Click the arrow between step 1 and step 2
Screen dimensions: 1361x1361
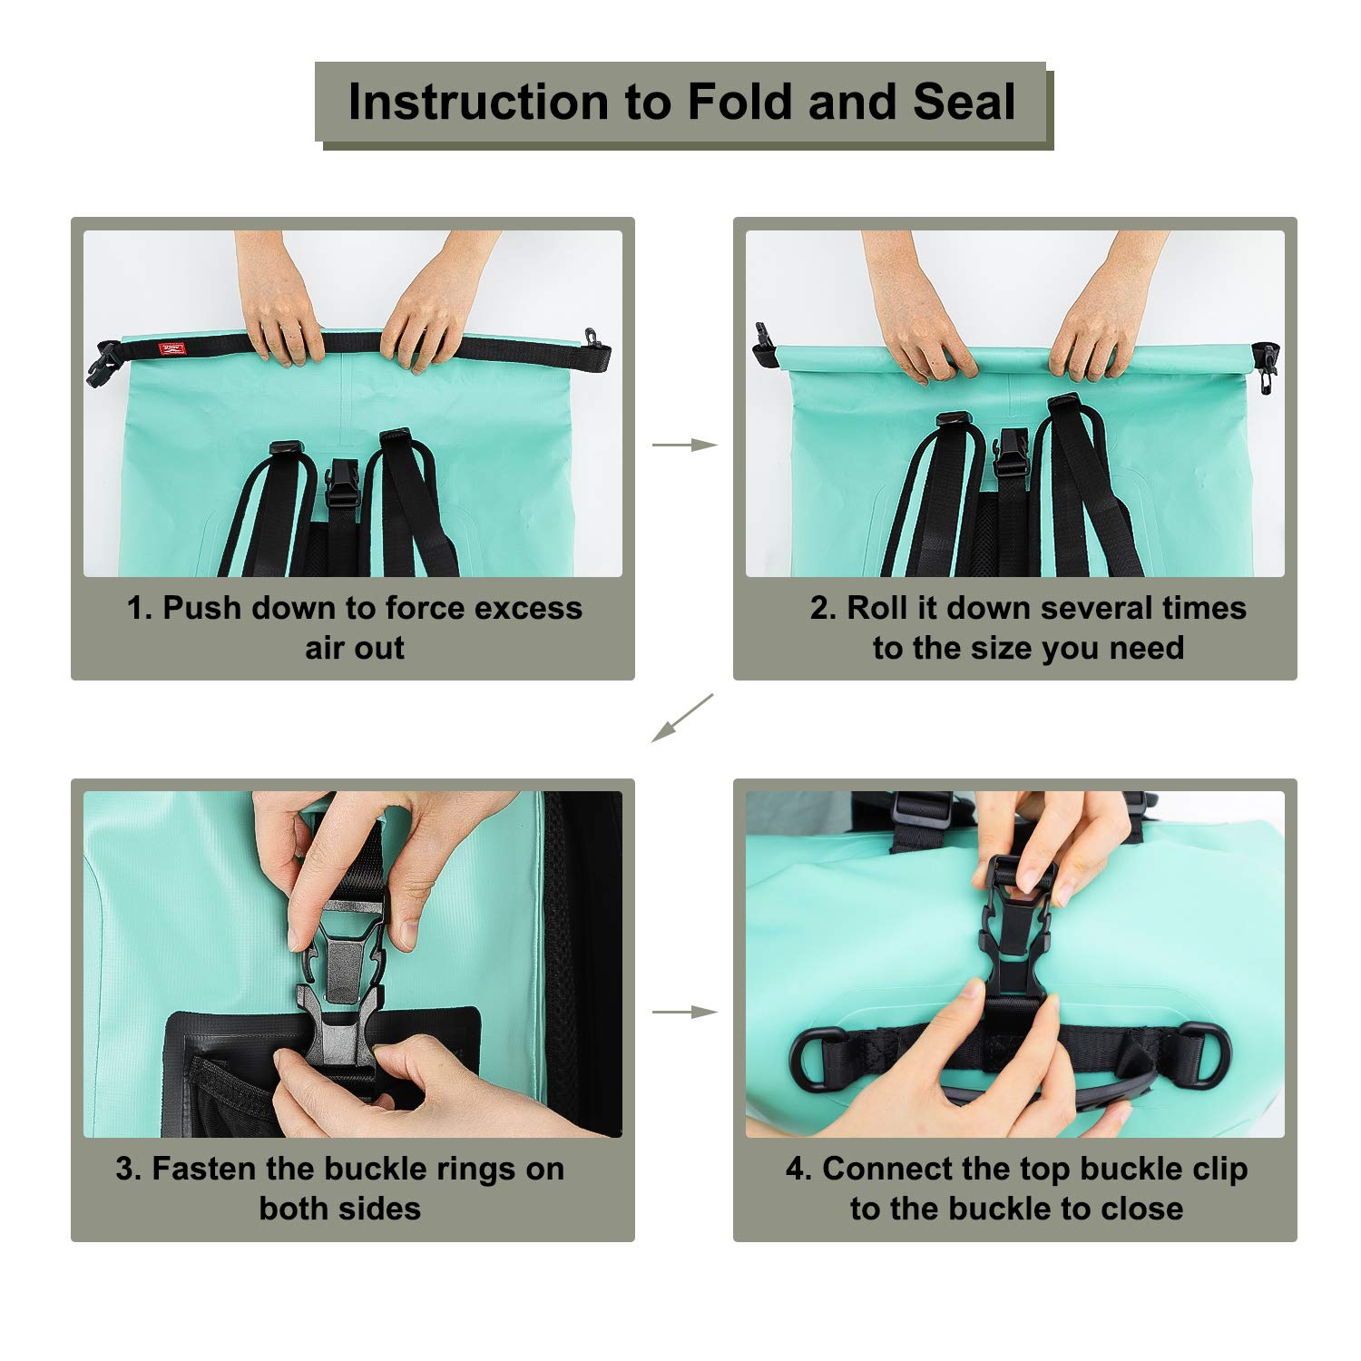click(x=685, y=445)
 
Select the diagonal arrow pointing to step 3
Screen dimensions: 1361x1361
click(x=682, y=719)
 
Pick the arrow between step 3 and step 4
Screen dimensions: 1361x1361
click(x=685, y=1012)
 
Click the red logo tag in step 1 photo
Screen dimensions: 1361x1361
click(x=171, y=349)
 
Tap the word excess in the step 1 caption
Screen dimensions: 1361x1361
click(x=528, y=608)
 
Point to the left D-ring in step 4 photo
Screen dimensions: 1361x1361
click(x=818, y=1059)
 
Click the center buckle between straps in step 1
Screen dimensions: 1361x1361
click(x=341, y=488)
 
